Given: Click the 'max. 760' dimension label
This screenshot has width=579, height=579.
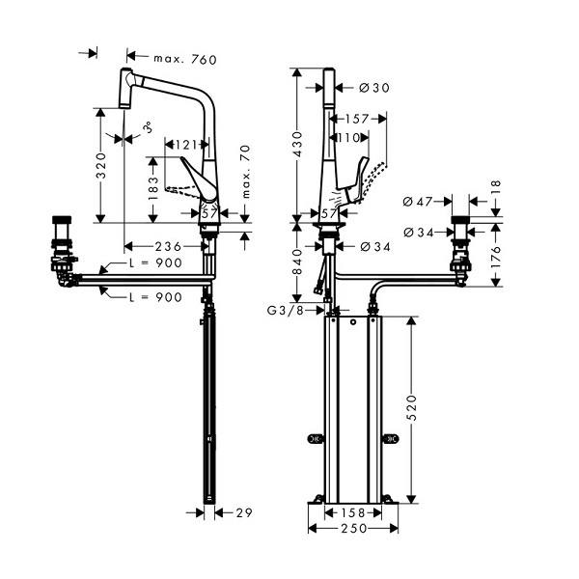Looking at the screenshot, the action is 185,59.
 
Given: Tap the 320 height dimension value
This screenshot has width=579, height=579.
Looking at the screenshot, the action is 100,165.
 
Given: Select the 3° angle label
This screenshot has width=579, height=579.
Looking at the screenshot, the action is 148,127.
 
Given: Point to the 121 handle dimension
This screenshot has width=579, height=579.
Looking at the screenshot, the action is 186,145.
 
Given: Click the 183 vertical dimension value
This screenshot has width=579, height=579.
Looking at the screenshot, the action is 152,188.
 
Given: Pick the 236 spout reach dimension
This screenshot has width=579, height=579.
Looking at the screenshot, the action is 168,246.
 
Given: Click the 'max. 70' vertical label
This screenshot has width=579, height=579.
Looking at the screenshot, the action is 245,172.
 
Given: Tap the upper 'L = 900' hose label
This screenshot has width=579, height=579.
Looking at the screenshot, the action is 155,262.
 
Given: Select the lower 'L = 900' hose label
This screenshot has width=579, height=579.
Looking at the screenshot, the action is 155,297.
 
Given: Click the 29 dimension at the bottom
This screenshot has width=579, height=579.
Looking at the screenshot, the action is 244,512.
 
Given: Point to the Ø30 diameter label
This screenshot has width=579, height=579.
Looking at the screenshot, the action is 374,88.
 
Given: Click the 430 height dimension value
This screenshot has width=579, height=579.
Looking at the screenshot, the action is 297,144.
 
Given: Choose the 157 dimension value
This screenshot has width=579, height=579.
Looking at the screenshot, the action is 357,119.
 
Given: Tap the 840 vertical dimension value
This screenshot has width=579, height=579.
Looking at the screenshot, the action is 297,262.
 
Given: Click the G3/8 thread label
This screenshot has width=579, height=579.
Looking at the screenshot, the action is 285,311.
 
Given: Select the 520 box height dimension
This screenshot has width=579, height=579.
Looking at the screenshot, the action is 412,407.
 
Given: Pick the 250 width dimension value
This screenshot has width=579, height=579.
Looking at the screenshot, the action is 354,529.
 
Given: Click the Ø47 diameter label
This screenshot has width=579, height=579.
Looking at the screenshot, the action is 417,202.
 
